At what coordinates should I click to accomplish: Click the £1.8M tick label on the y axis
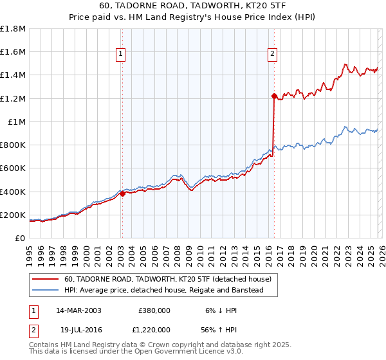click(13, 29)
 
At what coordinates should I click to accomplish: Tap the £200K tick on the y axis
click(13, 215)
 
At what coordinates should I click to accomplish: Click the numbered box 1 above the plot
click(122, 54)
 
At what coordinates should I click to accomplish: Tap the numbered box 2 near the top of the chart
click(273, 54)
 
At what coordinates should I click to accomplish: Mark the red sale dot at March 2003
click(122, 194)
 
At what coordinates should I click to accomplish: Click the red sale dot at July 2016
click(274, 96)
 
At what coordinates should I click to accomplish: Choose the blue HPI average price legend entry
click(170, 291)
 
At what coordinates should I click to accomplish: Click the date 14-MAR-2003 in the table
click(78, 310)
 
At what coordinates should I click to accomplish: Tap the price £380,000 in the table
click(154, 310)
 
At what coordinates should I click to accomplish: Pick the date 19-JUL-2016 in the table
click(78, 330)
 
